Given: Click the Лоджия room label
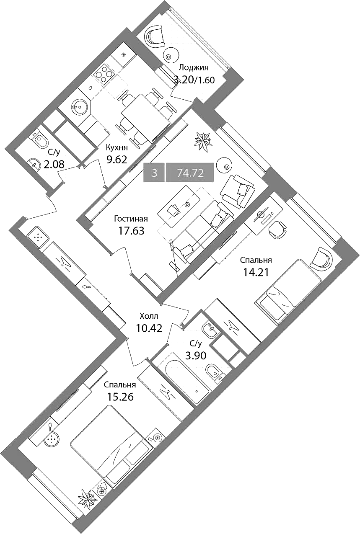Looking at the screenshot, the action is click(x=194, y=68).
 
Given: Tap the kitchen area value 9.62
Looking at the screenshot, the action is click(x=117, y=160).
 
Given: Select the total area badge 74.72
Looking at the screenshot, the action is click(x=190, y=173).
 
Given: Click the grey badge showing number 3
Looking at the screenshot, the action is click(x=155, y=173).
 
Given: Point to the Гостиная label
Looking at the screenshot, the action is click(x=131, y=219).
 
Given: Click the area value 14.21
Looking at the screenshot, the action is click(x=256, y=271).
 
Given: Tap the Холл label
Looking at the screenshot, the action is click(x=149, y=316).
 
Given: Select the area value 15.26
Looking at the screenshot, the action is click(x=120, y=397).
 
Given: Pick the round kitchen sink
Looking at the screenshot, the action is click(x=79, y=106).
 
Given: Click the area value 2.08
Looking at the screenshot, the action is click(x=54, y=164).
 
